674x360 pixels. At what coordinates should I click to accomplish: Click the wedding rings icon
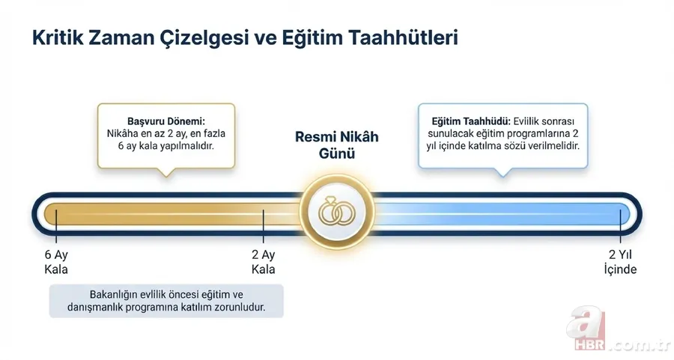click(x=336, y=212)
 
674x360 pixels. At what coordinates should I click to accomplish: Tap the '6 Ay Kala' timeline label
click(x=56, y=261)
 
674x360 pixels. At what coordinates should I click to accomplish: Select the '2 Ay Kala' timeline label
click(x=264, y=261)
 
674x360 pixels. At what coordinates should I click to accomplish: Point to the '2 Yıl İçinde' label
click(x=620, y=261)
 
